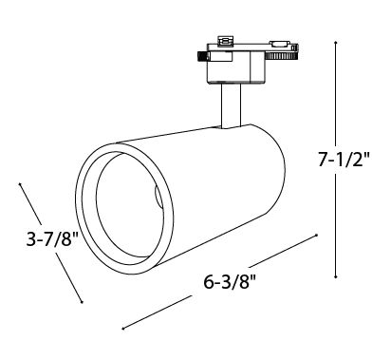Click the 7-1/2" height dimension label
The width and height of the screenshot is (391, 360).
344,160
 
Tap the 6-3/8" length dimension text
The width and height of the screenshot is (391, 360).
229,282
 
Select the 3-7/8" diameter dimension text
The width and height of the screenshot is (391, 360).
52,238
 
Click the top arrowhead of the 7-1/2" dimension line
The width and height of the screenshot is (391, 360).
336,42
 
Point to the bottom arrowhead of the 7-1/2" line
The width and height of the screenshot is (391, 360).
336,277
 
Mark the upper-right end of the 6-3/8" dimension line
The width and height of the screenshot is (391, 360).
316,235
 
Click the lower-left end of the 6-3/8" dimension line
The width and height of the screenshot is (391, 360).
123,329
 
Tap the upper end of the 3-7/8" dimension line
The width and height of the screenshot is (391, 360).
20,183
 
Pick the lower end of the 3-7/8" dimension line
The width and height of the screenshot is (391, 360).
82,302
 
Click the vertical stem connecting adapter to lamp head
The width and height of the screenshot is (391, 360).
231,105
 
